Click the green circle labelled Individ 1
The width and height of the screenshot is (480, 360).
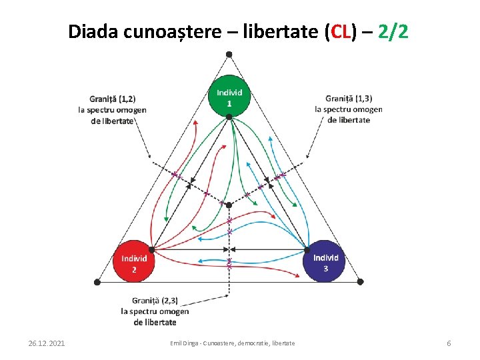(229, 95)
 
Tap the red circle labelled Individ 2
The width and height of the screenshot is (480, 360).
(134, 261)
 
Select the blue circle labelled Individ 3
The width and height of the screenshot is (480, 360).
(325, 261)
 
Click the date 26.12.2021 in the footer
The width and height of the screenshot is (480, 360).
(47, 343)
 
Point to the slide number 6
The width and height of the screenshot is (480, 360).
(449, 343)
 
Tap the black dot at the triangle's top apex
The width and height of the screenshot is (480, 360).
(229, 54)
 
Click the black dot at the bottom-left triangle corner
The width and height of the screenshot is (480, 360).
(97, 282)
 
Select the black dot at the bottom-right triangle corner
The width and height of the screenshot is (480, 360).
(361, 282)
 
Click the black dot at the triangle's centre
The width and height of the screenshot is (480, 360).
(229, 204)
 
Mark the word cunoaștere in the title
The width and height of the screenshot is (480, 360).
(177, 31)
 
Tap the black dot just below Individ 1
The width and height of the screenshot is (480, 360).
(229, 117)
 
